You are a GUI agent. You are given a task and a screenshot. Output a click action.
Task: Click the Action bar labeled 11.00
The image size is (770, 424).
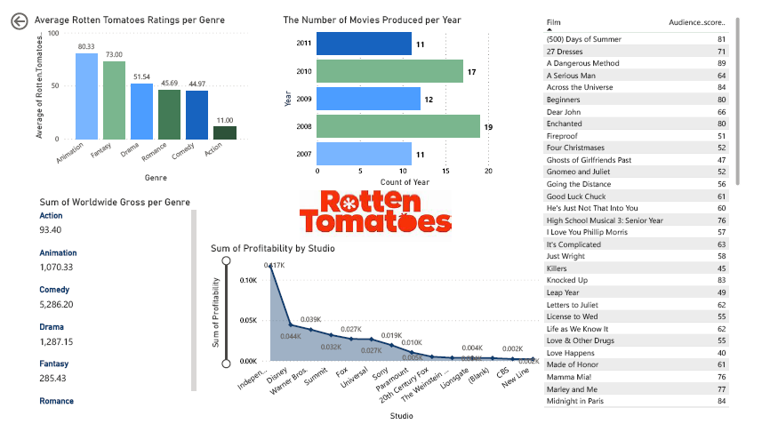tap(225, 132)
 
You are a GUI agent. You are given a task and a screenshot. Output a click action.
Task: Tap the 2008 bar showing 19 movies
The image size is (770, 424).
tap(397, 126)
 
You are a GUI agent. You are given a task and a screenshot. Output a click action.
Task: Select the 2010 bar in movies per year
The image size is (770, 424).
tap(389, 71)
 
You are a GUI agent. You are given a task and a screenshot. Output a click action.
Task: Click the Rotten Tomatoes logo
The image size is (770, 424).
tap(374, 212)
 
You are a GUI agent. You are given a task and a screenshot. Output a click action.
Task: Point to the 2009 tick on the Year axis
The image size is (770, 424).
tap(302, 99)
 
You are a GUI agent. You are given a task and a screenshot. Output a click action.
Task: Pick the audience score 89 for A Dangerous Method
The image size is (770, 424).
tap(721, 63)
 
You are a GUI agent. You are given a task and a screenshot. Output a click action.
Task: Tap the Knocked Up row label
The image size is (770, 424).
tap(566, 280)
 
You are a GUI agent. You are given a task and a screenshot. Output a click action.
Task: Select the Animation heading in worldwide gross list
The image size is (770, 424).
tap(58, 253)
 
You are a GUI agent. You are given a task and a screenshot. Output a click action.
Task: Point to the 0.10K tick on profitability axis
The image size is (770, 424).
tap(247, 279)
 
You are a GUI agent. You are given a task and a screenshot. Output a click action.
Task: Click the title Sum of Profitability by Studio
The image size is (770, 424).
tap(272, 248)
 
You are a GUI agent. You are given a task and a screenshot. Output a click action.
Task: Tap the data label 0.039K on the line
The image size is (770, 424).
tap(310, 320)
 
